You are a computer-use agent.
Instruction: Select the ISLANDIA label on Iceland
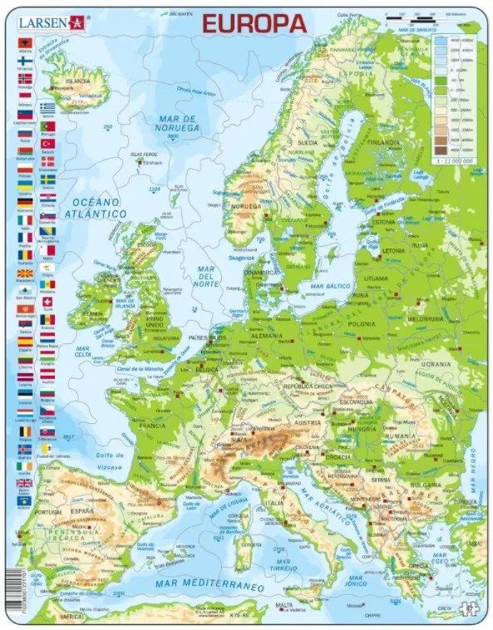78,81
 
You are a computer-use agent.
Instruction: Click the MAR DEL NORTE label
207,275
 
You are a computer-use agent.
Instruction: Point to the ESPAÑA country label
81,509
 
